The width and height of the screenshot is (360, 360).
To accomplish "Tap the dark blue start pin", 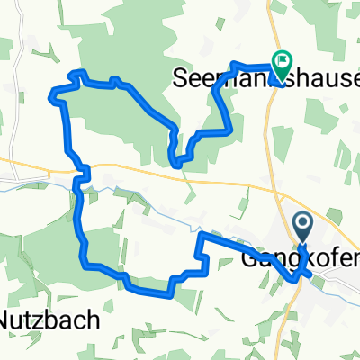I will coord(301,224).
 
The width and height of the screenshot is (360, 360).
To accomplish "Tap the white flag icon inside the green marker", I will coord(283,61).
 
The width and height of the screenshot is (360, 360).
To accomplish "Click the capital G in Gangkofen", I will coord(249,257).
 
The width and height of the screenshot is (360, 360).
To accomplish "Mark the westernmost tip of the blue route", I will coord(54,91).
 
